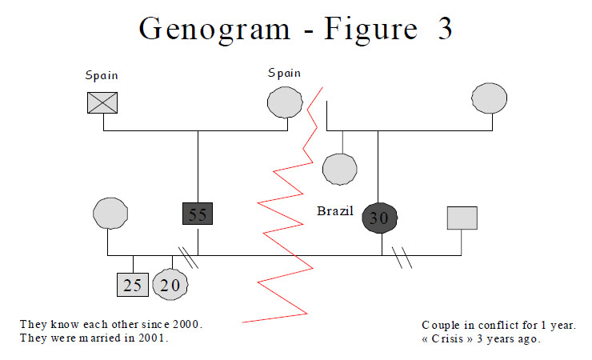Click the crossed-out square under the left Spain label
[x=102, y=102]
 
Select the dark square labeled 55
[x=198, y=214]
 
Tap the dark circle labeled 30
[x=380, y=218]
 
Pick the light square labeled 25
[x=133, y=285]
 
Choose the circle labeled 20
[x=170, y=285]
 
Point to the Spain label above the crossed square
[x=102, y=76]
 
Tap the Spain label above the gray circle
[x=284, y=74]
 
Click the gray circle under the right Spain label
[x=285, y=102]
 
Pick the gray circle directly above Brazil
[x=339, y=170]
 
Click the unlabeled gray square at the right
[x=462, y=218]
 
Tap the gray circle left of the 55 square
[x=110, y=214]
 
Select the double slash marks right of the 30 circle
[x=402, y=258]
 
